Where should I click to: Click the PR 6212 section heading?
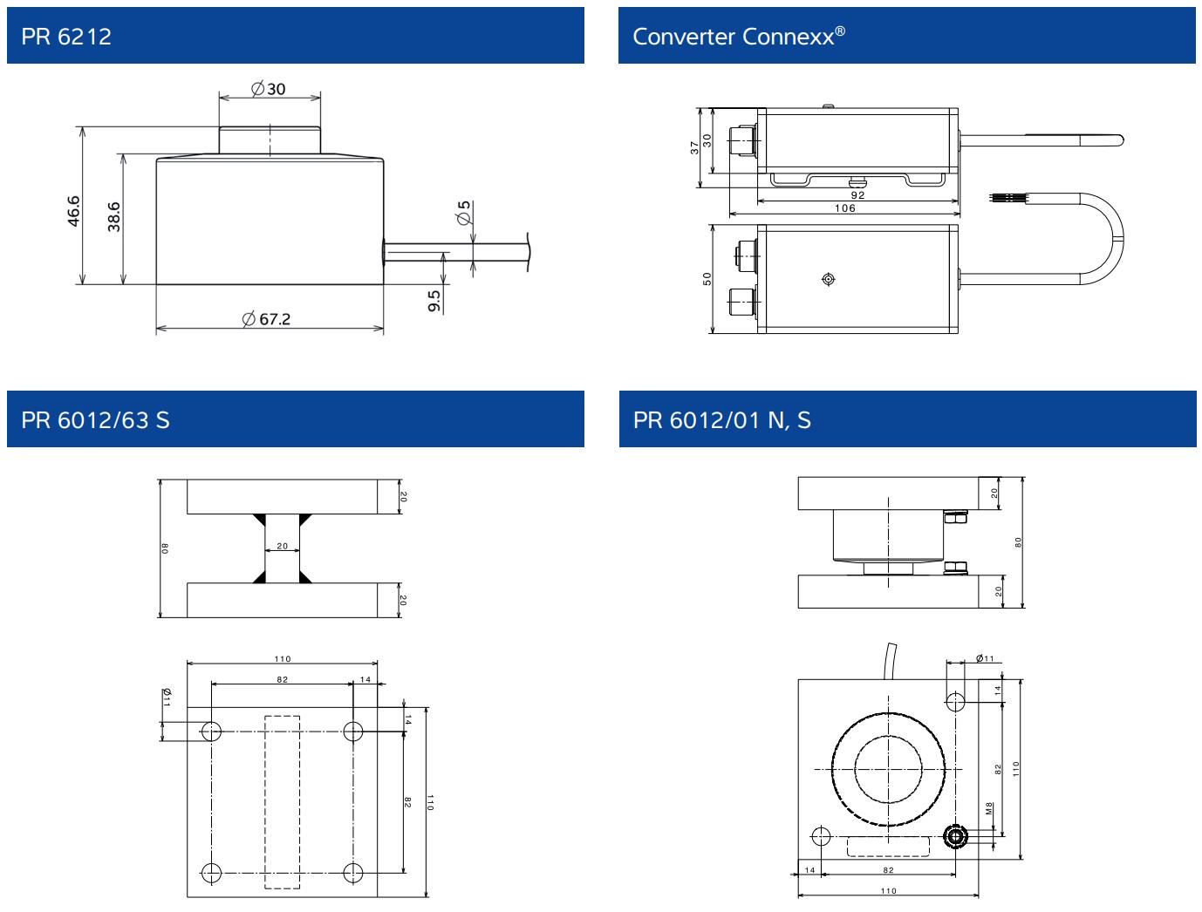(x=66, y=37)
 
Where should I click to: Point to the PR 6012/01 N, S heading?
(x=722, y=420)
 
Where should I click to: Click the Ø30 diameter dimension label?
(x=269, y=89)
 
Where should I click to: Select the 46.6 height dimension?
(x=73, y=211)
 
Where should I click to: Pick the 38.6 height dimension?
(x=113, y=216)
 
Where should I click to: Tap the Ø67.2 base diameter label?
(x=267, y=319)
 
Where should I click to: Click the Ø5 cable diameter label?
(x=464, y=212)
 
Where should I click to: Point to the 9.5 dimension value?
(x=434, y=300)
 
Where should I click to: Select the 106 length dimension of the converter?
(x=844, y=208)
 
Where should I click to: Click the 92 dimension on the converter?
(x=857, y=196)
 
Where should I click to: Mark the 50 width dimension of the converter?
(x=707, y=278)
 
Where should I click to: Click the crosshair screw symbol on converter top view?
(x=829, y=279)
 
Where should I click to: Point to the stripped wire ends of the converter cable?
(x=1003, y=200)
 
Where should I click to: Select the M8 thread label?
(x=989, y=808)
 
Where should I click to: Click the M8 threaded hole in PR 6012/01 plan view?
(x=956, y=837)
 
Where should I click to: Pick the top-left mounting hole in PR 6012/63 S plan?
(x=211, y=731)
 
